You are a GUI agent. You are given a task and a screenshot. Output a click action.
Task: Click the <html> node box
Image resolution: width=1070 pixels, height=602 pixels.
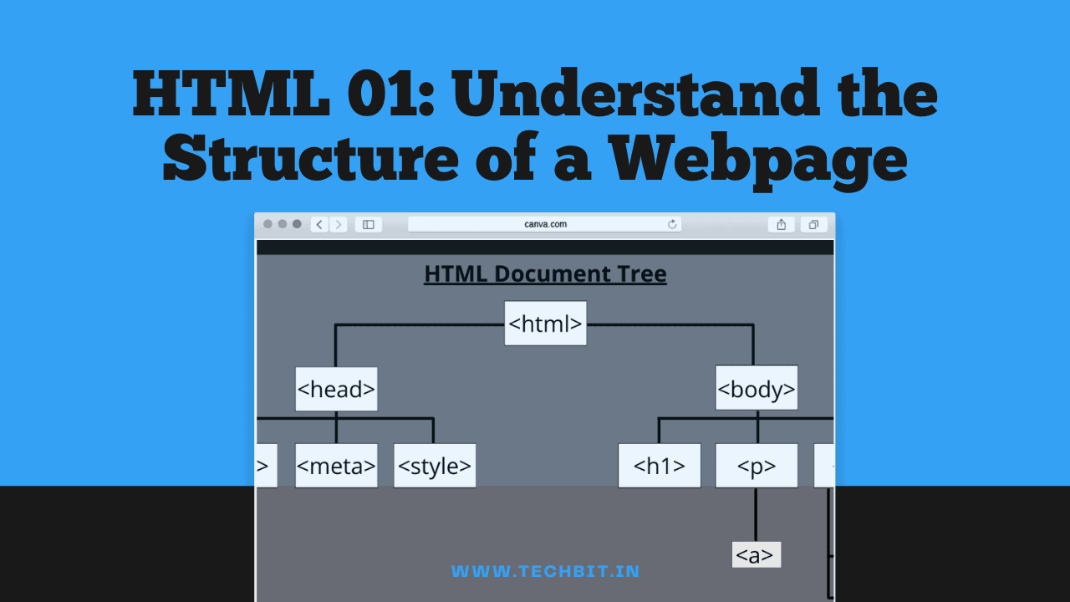[545, 324]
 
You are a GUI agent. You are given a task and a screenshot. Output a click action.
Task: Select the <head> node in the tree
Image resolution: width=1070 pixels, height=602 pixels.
[336, 390]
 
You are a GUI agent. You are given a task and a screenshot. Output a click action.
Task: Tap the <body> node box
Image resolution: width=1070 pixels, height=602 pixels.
[757, 388]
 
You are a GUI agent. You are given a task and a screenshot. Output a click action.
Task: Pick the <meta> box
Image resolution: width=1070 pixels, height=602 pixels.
[336, 466]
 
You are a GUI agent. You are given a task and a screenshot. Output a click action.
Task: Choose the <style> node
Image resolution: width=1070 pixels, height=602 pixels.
[435, 466]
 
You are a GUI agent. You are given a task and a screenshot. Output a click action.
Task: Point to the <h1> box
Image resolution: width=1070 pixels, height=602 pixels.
[660, 466]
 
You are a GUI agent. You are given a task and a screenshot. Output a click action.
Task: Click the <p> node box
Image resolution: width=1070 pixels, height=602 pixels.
[757, 466]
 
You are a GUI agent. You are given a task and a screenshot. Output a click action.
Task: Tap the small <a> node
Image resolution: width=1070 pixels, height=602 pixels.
[756, 555]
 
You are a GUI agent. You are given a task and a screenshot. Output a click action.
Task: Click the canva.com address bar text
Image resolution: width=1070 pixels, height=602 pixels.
[545, 224]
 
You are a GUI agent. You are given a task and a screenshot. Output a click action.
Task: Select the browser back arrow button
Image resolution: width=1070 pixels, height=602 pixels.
[319, 224]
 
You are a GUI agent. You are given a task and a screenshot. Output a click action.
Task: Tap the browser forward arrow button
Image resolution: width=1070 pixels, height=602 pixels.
[338, 224]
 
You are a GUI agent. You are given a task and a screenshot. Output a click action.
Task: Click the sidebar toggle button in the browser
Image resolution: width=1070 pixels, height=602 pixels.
[368, 224]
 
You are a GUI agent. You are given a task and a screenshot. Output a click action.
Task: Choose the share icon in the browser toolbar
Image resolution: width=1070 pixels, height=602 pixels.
[781, 224]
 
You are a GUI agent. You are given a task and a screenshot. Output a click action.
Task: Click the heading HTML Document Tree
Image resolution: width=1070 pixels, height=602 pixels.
[545, 274]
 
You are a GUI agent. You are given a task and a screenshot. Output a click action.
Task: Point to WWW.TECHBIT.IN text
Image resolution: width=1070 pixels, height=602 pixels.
[545, 572]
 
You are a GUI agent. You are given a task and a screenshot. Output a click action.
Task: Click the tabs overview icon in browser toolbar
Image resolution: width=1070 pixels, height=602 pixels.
[813, 224]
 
